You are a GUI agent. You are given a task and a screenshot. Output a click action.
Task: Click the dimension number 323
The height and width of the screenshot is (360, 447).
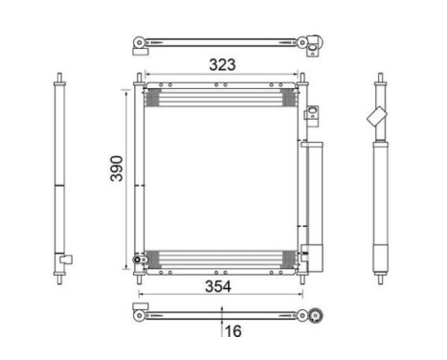(222, 65)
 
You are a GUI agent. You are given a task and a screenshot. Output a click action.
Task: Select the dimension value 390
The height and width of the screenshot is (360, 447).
(117, 169)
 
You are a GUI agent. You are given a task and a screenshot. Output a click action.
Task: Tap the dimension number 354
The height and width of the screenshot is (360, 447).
(218, 286)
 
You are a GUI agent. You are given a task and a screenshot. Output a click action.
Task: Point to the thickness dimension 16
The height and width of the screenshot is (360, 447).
(234, 331)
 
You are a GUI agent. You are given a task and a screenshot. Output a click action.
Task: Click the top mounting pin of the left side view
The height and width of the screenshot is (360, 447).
(59, 78)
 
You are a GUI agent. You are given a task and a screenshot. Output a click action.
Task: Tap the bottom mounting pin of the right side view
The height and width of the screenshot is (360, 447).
(380, 280)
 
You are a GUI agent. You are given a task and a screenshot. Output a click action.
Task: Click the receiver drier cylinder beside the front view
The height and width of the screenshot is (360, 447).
(315, 207)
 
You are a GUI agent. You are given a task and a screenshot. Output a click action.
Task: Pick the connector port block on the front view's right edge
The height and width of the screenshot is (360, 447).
(312, 112)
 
